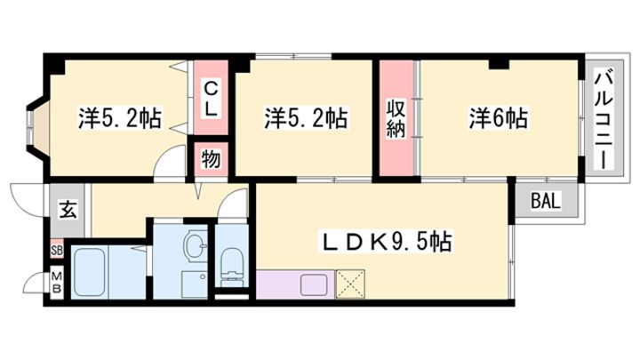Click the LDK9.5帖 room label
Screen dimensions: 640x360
(x=386, y=243)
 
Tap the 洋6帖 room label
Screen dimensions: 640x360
(x=498, y=118)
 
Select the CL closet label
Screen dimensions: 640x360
(x=210, y=99)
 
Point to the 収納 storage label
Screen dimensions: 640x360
(x=396, y=119)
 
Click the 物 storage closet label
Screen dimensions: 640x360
(x=211, y=158)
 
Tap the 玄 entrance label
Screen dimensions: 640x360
(x=68, y=210)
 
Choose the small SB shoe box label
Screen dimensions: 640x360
(x=57, y=251)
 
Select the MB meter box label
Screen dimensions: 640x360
(x=57, y=283)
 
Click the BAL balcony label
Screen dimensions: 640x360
(x=546, y=201)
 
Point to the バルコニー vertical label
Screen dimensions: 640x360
(x=604, y=120)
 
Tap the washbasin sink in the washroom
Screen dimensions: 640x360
(x=195, y=244)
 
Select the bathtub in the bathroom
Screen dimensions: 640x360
(x=89, y=272)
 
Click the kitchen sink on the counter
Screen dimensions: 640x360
(x=313, y=284)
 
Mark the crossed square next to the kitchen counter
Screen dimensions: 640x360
(x=350, y=284)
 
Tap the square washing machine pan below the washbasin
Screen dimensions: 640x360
(x=195, y=284)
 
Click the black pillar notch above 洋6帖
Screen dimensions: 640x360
(x=499, y=64)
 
